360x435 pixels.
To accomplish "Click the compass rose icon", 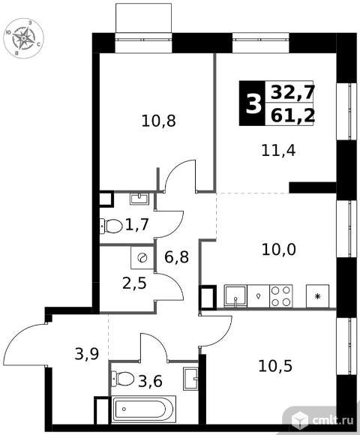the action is click(x=24, y=37).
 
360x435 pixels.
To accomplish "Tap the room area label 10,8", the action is click(x=158, y=121).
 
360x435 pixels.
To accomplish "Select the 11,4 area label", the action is click(x=278, y=151).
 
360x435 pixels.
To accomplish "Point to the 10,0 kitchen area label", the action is click(x=279, y=250).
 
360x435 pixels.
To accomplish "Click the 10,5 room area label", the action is click(x=275, y=366).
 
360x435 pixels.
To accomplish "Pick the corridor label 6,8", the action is click(x=177, y=257).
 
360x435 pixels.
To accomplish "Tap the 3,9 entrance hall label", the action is click(x=87, y=354).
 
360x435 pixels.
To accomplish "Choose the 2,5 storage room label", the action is click(x=134, y=283).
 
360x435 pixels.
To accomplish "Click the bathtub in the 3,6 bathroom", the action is click(x=144, y=409).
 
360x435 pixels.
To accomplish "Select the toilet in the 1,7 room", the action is click(x=111, y=226).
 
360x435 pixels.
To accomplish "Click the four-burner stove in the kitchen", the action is click(x=281, y=296).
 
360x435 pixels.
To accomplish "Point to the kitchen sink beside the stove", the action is click(x=235, y=296).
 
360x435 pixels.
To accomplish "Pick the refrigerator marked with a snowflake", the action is click(x=317, y=296).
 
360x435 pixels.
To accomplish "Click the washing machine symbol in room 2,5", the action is click(x=142, y=258).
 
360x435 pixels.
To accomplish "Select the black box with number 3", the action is click(x=253, y=103).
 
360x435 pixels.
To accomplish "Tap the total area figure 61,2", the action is click(x=292, y=116).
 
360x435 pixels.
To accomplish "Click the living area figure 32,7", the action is click(x=292, y=92).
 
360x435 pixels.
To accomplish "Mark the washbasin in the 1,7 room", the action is click(x=139, y=199).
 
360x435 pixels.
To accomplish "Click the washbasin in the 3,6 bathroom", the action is click(x=190, y=379).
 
